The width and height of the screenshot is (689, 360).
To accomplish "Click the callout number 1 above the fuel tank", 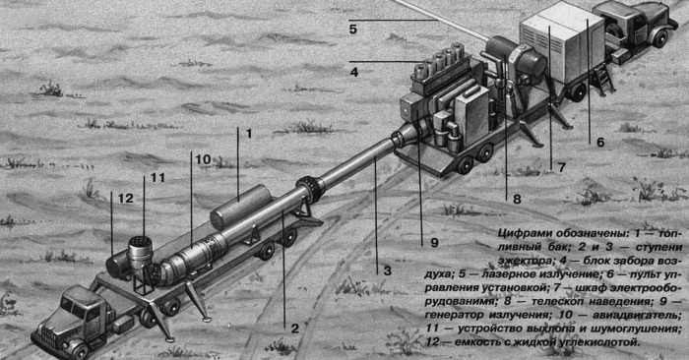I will pos(250,132).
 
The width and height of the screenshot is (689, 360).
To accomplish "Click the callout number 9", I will pos(424,241).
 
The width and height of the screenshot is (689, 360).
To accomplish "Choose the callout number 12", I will pos(125,198).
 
